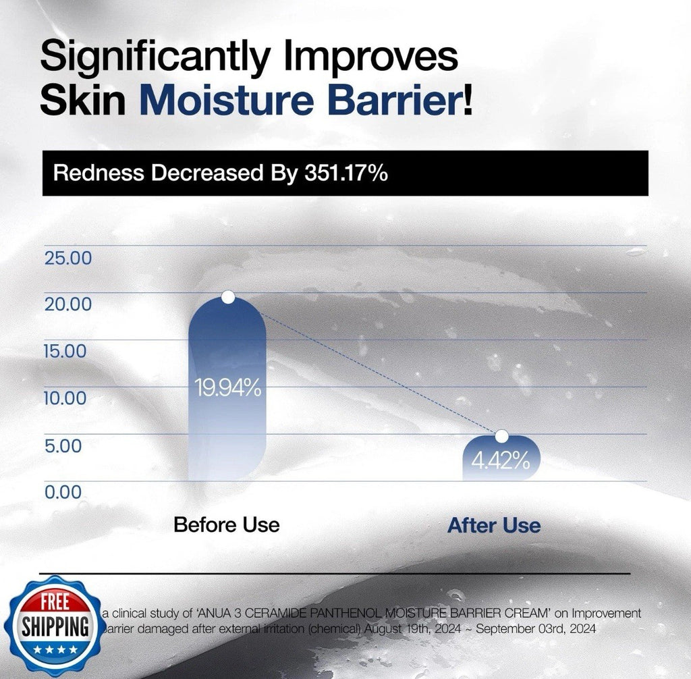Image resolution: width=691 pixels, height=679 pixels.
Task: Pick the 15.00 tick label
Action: (66, 352)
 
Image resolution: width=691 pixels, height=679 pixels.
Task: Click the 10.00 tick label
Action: (66, 398)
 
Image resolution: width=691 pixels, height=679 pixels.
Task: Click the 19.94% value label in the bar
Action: (227, 388)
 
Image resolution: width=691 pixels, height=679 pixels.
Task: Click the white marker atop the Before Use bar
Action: (228, 297)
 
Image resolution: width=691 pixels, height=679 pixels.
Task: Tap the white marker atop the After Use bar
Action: (501, 436)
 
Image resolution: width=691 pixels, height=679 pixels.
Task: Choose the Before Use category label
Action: (227, 524)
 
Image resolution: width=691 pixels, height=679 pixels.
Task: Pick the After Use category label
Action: (494, 525)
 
